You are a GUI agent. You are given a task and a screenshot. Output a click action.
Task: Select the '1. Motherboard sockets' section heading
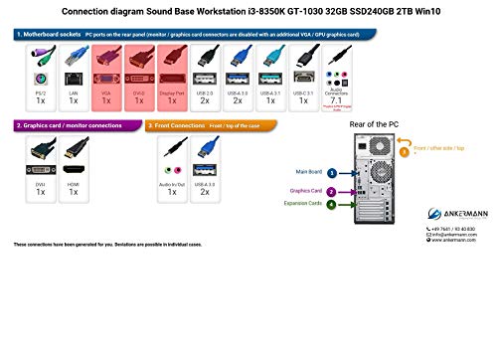click(x=47, y=33)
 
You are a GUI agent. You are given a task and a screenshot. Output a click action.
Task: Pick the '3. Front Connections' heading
click(x=181, y=125)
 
